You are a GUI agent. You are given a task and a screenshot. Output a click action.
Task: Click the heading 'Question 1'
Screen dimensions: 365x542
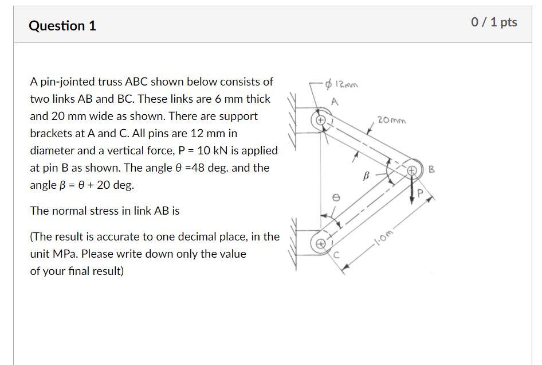[62, 26]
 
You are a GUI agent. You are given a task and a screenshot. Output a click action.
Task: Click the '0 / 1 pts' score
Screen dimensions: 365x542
[494, 22]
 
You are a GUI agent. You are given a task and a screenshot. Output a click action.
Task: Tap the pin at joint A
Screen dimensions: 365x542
[321, 121]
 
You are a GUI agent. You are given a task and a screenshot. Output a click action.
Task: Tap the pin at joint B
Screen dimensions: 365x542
[411, 170]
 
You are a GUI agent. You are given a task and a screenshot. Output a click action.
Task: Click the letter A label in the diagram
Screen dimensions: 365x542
[335, 102]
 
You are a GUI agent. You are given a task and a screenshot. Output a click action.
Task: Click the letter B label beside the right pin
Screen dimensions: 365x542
[432, 169]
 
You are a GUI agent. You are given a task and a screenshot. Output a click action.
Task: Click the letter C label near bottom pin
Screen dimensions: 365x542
[337, 257]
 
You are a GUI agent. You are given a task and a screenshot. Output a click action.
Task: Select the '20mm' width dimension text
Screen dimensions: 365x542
[391, 121]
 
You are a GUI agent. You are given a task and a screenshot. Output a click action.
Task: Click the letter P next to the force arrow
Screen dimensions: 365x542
[421, 193]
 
